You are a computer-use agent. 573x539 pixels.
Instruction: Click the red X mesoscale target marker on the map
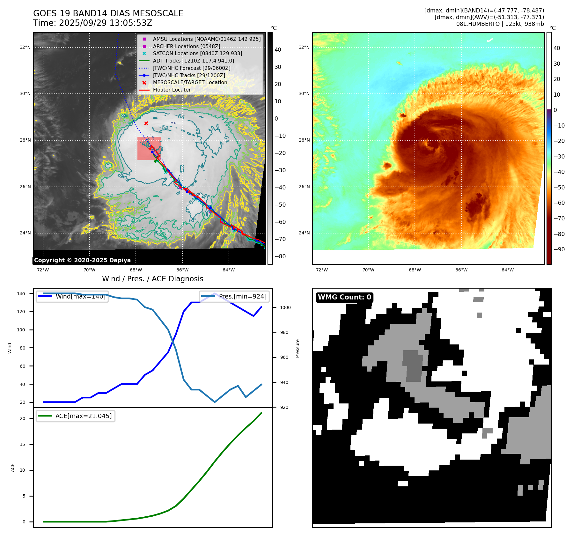pos(146,123)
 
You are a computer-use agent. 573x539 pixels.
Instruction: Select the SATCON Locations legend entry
pos(197,54)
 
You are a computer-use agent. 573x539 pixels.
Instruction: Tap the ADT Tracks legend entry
pos(193,61)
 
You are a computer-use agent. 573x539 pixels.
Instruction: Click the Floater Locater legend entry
pos(172,90)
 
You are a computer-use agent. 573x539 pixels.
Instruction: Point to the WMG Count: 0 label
pos(344,297)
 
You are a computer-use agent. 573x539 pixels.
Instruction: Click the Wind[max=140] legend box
pos(72,296)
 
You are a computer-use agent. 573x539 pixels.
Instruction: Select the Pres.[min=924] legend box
pos(234,296)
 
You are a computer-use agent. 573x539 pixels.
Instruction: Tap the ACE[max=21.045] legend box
pos(76,416)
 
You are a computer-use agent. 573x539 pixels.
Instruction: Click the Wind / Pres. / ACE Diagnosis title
pos(152,279)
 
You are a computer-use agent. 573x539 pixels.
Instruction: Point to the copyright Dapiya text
pos(82,260)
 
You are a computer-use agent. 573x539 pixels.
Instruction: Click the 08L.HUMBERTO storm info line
pos(500,24)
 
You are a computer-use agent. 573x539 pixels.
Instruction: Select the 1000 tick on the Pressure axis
pos(285,307)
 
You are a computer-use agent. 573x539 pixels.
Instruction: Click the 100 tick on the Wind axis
pos(21,330)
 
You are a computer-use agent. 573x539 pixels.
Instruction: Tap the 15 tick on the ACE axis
pos(22,444)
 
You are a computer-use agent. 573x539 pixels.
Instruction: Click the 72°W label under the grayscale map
pos(43,270)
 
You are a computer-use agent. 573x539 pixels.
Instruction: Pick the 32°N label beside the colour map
pos(304,47)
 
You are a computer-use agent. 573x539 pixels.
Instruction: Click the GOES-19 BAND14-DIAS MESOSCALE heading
pos(108,13)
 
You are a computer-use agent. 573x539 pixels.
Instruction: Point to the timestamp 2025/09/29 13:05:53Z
pos(105,23)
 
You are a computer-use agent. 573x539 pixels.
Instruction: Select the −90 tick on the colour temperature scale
pos(559,249)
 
